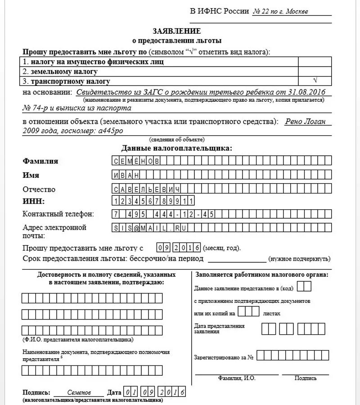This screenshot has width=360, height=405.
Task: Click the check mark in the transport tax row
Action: (x=315, y=81)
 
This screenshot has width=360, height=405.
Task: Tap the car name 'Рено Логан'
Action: (x=308, y=121)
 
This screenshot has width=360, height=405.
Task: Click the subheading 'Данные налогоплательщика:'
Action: (x=177, y=148)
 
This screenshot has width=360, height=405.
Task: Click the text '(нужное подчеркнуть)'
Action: (x=299, y=259)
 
